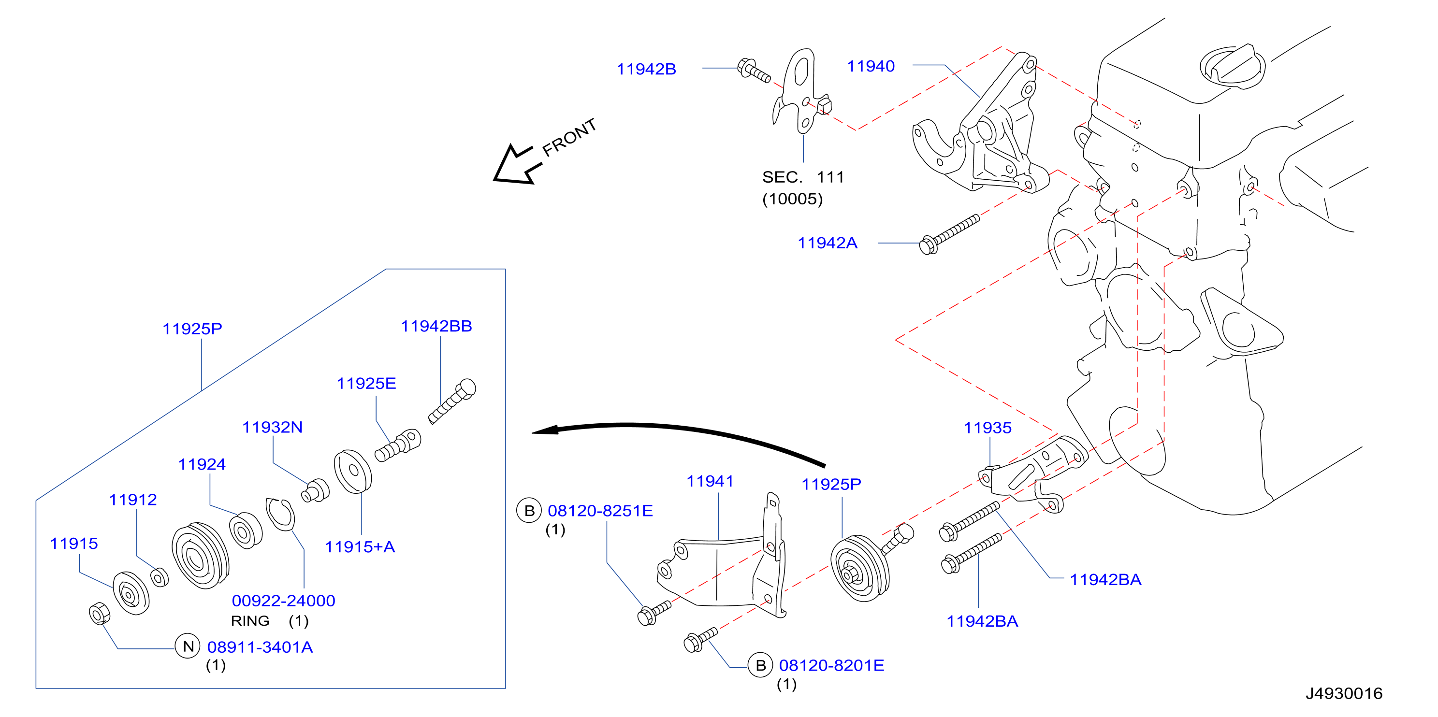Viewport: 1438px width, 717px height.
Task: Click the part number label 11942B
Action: pos(646,69)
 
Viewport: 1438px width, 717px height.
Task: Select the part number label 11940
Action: pos(871,66)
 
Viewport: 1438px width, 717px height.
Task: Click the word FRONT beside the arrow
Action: pos(569,137)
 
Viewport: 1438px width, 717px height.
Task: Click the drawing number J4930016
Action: pos(1344,693)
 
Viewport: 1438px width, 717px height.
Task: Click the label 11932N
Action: pos(273,428)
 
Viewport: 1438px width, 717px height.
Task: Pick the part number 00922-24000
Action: pos(284,601)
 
